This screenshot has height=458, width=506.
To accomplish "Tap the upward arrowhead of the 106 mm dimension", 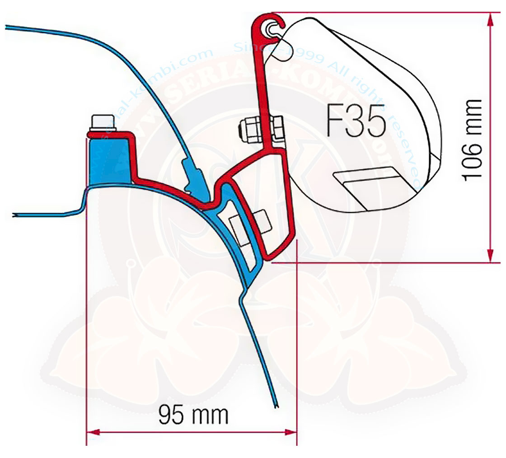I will pos(490,18).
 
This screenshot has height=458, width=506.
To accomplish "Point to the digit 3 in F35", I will pos(357,121).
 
